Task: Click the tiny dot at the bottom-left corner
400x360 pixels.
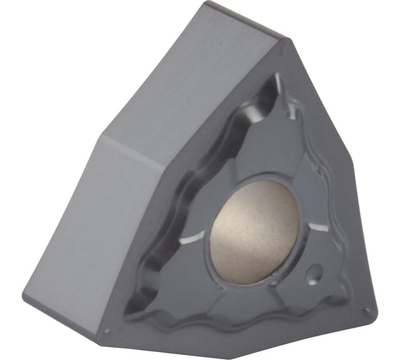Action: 107,331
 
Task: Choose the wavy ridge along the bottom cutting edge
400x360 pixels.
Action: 236,325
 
